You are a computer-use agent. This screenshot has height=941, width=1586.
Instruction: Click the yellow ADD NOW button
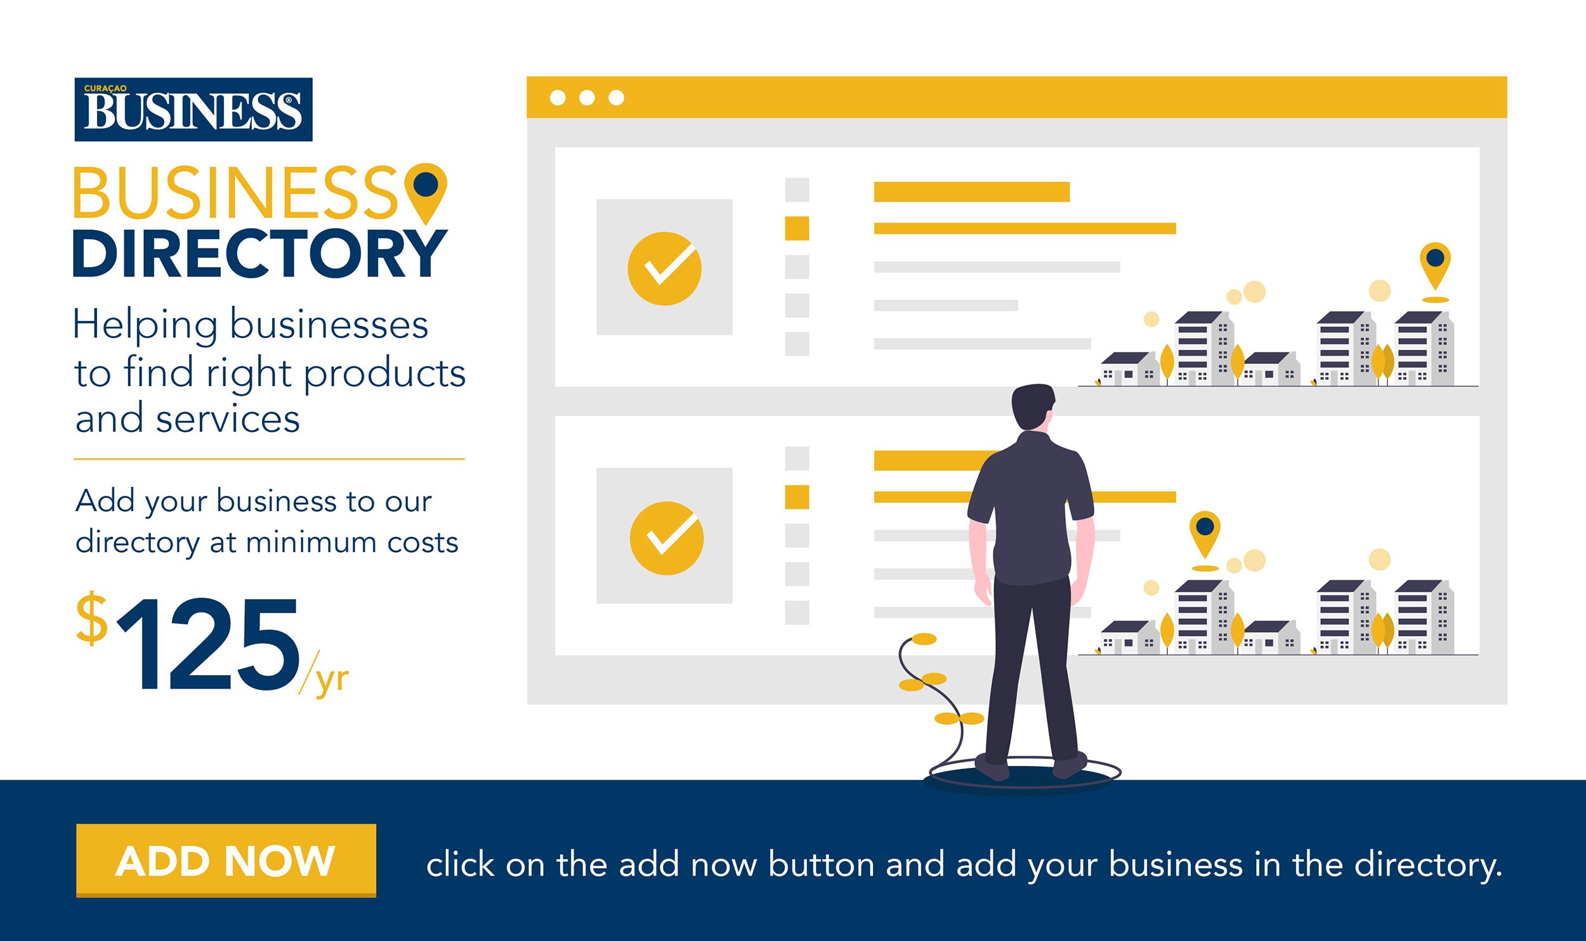(x=226, y=860)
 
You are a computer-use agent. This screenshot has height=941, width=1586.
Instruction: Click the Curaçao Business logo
(x=193, y=109)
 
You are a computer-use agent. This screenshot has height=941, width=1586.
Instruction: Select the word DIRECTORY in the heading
(x=260, y=254)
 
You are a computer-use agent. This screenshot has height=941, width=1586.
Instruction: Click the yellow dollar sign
(x=92, y=618)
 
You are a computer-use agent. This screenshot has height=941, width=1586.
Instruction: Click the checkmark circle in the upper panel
(x=664, y=268)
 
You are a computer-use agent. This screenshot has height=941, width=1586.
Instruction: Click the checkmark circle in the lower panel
(x=666, y=538)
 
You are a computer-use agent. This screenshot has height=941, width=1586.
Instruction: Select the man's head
(x=1033, y=407)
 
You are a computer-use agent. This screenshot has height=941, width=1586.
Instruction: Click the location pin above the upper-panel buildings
(x=1435, y=266)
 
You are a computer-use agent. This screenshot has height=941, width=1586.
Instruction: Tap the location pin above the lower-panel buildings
(x=1205, y=535)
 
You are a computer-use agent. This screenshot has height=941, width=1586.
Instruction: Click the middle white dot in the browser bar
(x=587, y=98)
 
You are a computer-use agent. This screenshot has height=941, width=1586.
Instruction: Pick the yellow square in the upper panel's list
(x=797, y=228)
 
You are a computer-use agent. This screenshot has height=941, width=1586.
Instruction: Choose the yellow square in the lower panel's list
(x=797, y=497)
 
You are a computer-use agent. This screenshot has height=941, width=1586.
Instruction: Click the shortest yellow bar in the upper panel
(x=972, y=191)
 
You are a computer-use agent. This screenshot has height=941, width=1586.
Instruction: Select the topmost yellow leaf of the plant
(x=924, y=639)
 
